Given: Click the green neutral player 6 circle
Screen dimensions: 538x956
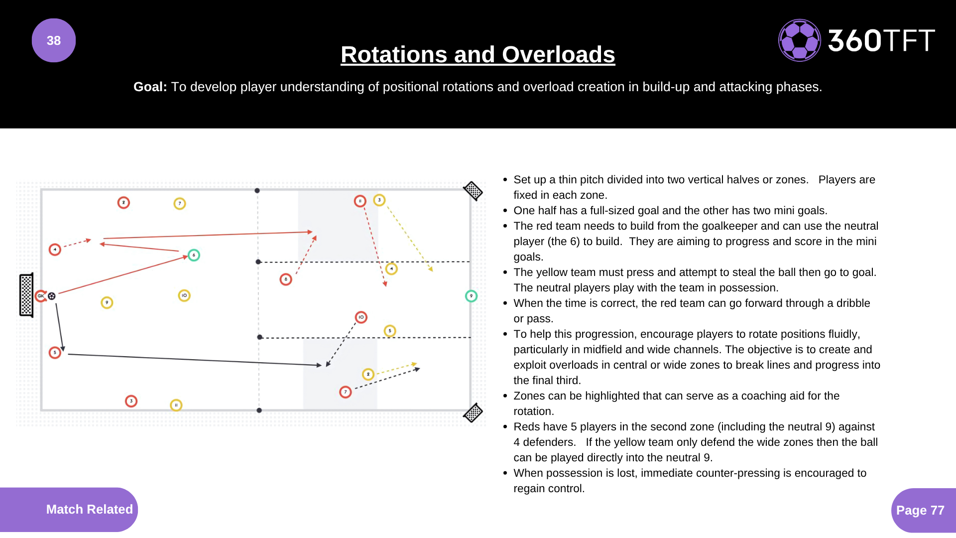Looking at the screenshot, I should (194, 255).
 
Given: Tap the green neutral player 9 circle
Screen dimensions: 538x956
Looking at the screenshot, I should (471, 296).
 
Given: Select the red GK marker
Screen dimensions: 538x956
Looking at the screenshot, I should (41, 296).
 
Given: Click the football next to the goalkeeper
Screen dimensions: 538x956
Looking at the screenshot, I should (52, 296).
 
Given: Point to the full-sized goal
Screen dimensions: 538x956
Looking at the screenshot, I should (26, 295).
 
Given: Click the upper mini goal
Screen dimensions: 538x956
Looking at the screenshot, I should (473, 190).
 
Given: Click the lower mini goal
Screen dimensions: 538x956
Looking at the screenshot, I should (473, 412).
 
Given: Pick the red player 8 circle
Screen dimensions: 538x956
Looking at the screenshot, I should (286, 279).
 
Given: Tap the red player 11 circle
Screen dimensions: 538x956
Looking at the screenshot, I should (360, 201).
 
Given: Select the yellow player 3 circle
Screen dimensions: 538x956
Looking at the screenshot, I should (379, 200).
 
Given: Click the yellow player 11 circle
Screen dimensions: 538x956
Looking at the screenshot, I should (176, 405).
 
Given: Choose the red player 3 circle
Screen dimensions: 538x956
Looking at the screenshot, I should (131, 401).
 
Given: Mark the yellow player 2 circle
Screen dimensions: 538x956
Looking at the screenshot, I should (368, 374).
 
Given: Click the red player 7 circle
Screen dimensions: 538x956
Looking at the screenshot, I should (346, 392).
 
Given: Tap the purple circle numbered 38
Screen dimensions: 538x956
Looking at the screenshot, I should (54, 40).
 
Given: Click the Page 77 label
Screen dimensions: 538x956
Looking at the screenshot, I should (920, 510).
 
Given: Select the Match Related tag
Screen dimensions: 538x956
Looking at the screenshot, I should (89, 509).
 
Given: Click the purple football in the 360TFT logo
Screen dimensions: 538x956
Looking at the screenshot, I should (800, 40).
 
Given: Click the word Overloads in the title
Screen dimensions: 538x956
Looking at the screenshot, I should (558, 54).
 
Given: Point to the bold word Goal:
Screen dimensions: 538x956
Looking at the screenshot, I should (150, 87).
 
